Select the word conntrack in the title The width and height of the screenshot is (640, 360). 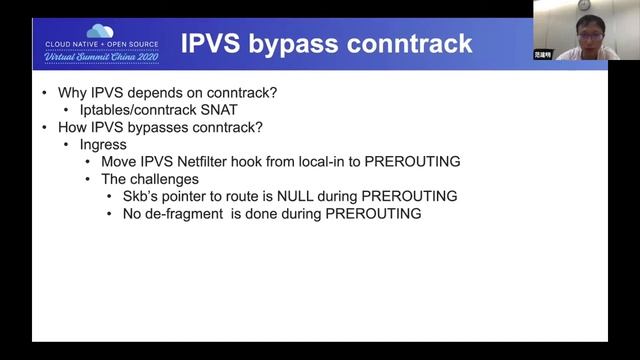410,43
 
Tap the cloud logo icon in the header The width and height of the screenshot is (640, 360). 100,31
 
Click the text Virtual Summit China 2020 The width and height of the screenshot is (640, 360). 100,56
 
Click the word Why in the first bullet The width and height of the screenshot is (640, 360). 72,94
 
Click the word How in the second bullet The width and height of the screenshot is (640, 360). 72,128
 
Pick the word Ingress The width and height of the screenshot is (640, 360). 103,145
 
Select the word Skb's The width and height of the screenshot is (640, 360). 144,196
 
